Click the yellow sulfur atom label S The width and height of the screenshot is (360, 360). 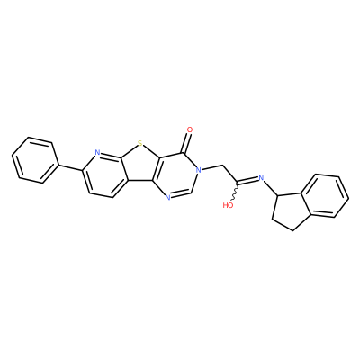click(139, 145)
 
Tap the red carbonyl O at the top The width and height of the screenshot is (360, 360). click(190, 130)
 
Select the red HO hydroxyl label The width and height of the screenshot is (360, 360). click(229, 205)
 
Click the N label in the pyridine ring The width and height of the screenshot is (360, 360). click(96, 152)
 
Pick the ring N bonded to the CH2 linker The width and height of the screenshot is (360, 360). click(197, 171)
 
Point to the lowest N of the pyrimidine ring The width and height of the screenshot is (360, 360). click(167, 197)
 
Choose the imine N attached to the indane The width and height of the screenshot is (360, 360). click(261, 178)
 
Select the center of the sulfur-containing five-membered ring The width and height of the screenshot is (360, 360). click(140, 165)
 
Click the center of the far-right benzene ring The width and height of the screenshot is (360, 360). click(325, 196)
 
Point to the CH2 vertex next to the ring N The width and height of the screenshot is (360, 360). click(223, 166)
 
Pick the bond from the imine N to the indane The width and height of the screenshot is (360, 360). click(272, 188)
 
